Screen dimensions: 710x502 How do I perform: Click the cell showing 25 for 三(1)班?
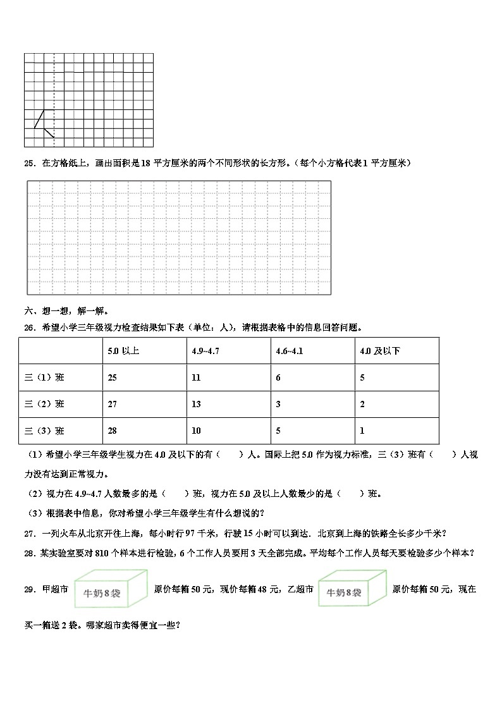point(113,377)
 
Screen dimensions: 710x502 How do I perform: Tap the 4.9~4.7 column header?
point(205,351)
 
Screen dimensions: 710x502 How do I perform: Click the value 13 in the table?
point(196,404)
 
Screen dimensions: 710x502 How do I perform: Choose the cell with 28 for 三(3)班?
point(113,431)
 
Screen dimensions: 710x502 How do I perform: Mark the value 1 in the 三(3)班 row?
point(362,431)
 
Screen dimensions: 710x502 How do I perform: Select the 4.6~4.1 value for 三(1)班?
point(278,377)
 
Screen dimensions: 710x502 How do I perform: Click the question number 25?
point(28,163)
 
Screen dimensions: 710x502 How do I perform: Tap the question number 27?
point(28,532)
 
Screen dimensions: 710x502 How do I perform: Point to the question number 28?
point(28,552)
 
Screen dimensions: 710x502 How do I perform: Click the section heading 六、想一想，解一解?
point(66,310)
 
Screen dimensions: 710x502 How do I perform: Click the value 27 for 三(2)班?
point(113,404)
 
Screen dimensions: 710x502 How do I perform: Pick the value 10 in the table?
point(196,431)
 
